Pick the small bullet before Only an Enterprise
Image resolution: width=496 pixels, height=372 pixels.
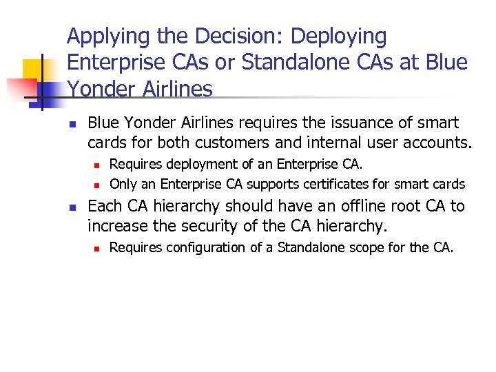(98, 185)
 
